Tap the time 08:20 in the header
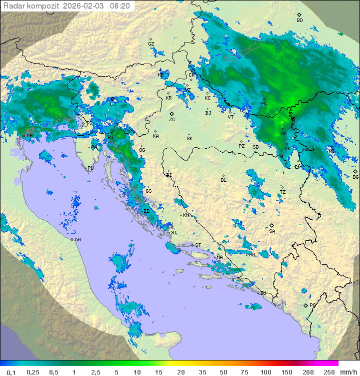120,6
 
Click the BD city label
299,21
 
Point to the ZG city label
172,120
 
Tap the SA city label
272,231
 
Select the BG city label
355,177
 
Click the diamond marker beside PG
305,305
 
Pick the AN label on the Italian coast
77,240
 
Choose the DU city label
262,293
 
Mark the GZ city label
151,44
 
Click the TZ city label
282,192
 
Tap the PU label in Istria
90,168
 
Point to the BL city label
223,180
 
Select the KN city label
186,215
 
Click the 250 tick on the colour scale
328,372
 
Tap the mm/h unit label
348,372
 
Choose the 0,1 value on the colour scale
11,372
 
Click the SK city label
189,138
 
